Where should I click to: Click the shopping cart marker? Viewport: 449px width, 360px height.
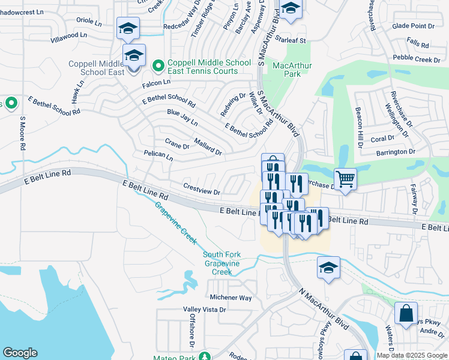pyautogui.click(x=345, y=178)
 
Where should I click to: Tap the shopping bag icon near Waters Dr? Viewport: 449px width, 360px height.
pyautogui.click(x=406, y=313)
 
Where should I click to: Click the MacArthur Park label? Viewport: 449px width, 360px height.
pyautogui.click(x=286, y=70)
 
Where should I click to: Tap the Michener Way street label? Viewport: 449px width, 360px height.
pyautogui.click(x=231, y=298)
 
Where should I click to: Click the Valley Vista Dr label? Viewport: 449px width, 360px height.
pyautogui.click(x=205, y=310)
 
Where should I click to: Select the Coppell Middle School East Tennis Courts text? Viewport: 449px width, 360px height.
pyautogui.click(x=209, y=67)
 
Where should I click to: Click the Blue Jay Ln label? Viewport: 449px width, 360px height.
pyautogui.click(x=182, y=117)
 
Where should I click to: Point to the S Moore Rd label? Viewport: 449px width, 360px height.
pyautogui.click(x=22, y=133)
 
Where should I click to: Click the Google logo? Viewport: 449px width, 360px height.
pyautogui.click(x=20, y=353)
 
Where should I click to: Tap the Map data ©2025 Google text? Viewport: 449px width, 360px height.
pyautogui.click(x=411, y=355)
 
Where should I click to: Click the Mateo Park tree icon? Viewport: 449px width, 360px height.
pyautogui.click(x=205, y=356)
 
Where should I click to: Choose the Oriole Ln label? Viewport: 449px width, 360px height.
pyautogui.click(x=89, y=22)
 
